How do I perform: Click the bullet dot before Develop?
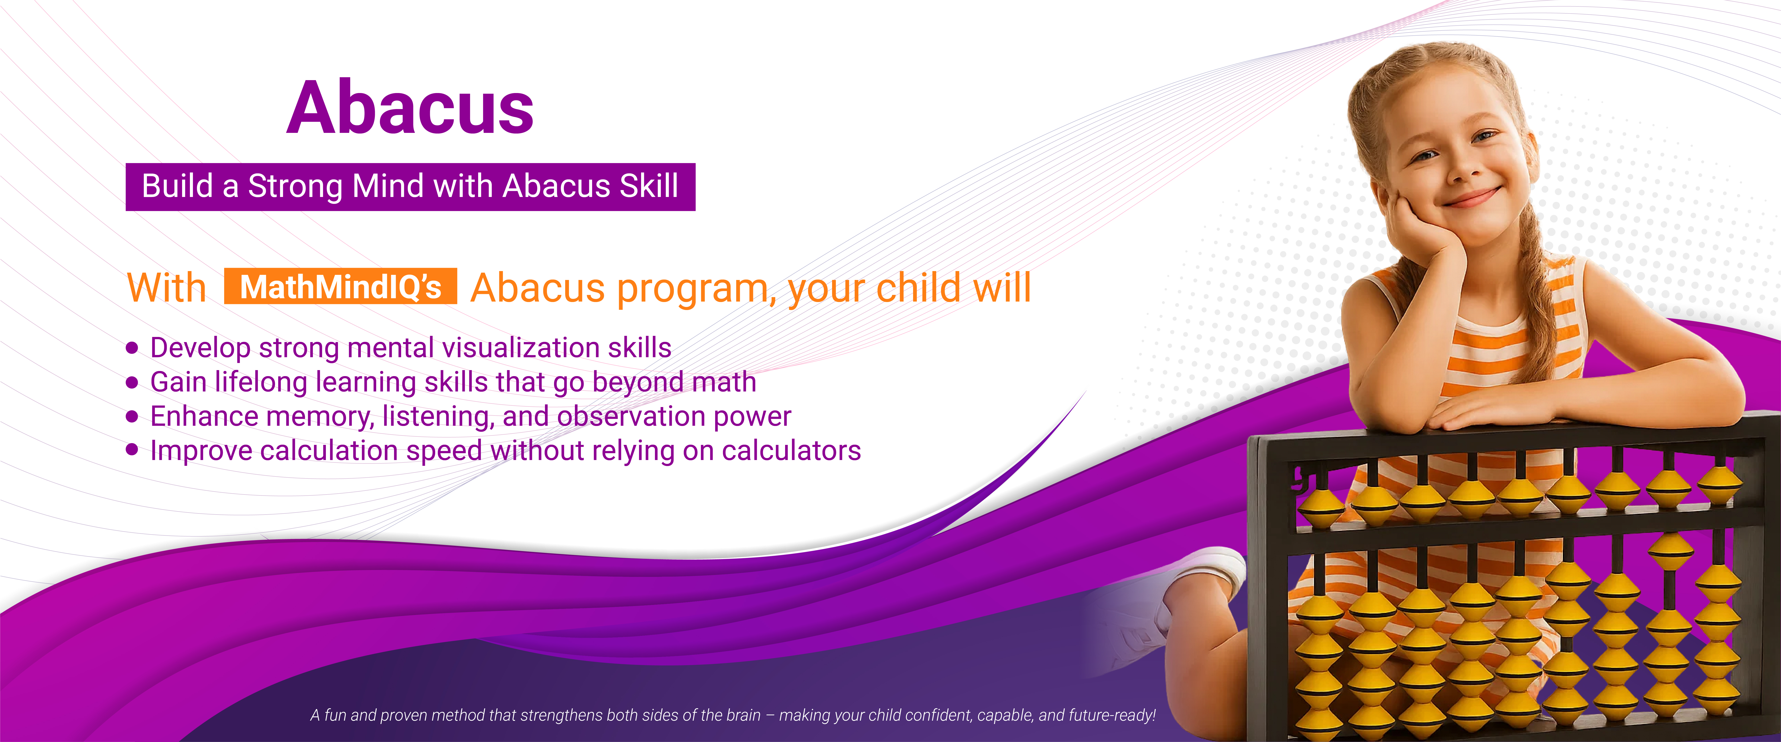coord(132,348)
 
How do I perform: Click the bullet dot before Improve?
coord(132,450)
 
